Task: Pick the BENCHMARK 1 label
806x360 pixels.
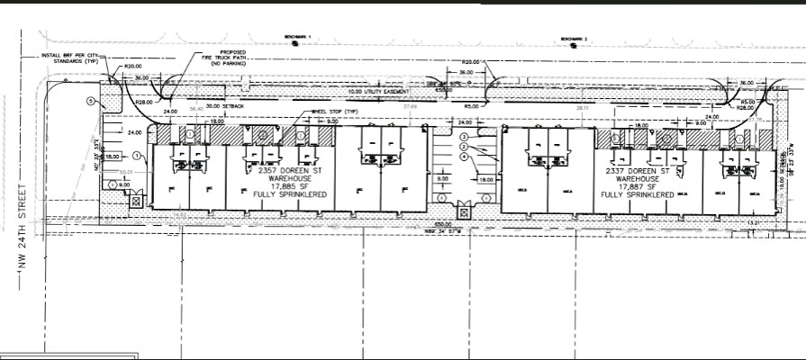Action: tap(295, 37)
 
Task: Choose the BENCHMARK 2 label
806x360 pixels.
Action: tap(573, 40)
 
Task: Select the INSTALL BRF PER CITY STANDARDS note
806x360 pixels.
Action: tap(67, 59)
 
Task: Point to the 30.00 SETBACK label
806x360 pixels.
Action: tap(224, 105)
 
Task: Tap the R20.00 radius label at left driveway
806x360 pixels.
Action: tap(134, 67)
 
